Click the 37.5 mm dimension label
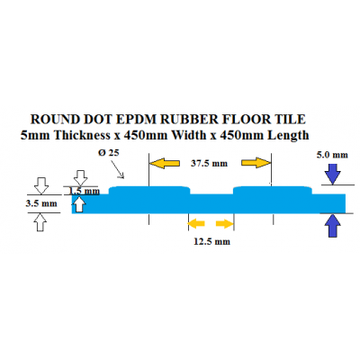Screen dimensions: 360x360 (x=209, y=164)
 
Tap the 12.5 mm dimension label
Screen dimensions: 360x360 (x=211, y=241)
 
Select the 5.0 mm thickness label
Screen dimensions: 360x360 (x=332, y=155)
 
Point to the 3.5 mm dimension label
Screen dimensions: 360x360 (x=41, y=203)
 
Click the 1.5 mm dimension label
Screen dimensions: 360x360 (x=85, y=191)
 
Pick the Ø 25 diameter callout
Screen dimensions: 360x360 (x=109, y=153)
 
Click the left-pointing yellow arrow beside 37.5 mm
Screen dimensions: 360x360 (x=165, y=163)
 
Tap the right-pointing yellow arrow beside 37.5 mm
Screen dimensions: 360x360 (x=256, y=163)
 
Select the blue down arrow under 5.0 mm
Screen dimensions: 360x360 (x=333, y=174)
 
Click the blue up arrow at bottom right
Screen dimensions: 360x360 (x=333, y=226)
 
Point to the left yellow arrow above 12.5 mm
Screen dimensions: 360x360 (x=196, y=223)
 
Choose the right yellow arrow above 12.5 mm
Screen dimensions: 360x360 (x=224, y=224)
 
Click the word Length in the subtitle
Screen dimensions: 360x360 (x=288, y=136)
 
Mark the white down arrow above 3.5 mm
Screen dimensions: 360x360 (x=41, y=185)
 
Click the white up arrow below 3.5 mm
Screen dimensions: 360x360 (x=41, y=222)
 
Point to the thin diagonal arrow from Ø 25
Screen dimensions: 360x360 (x=118, y=169)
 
